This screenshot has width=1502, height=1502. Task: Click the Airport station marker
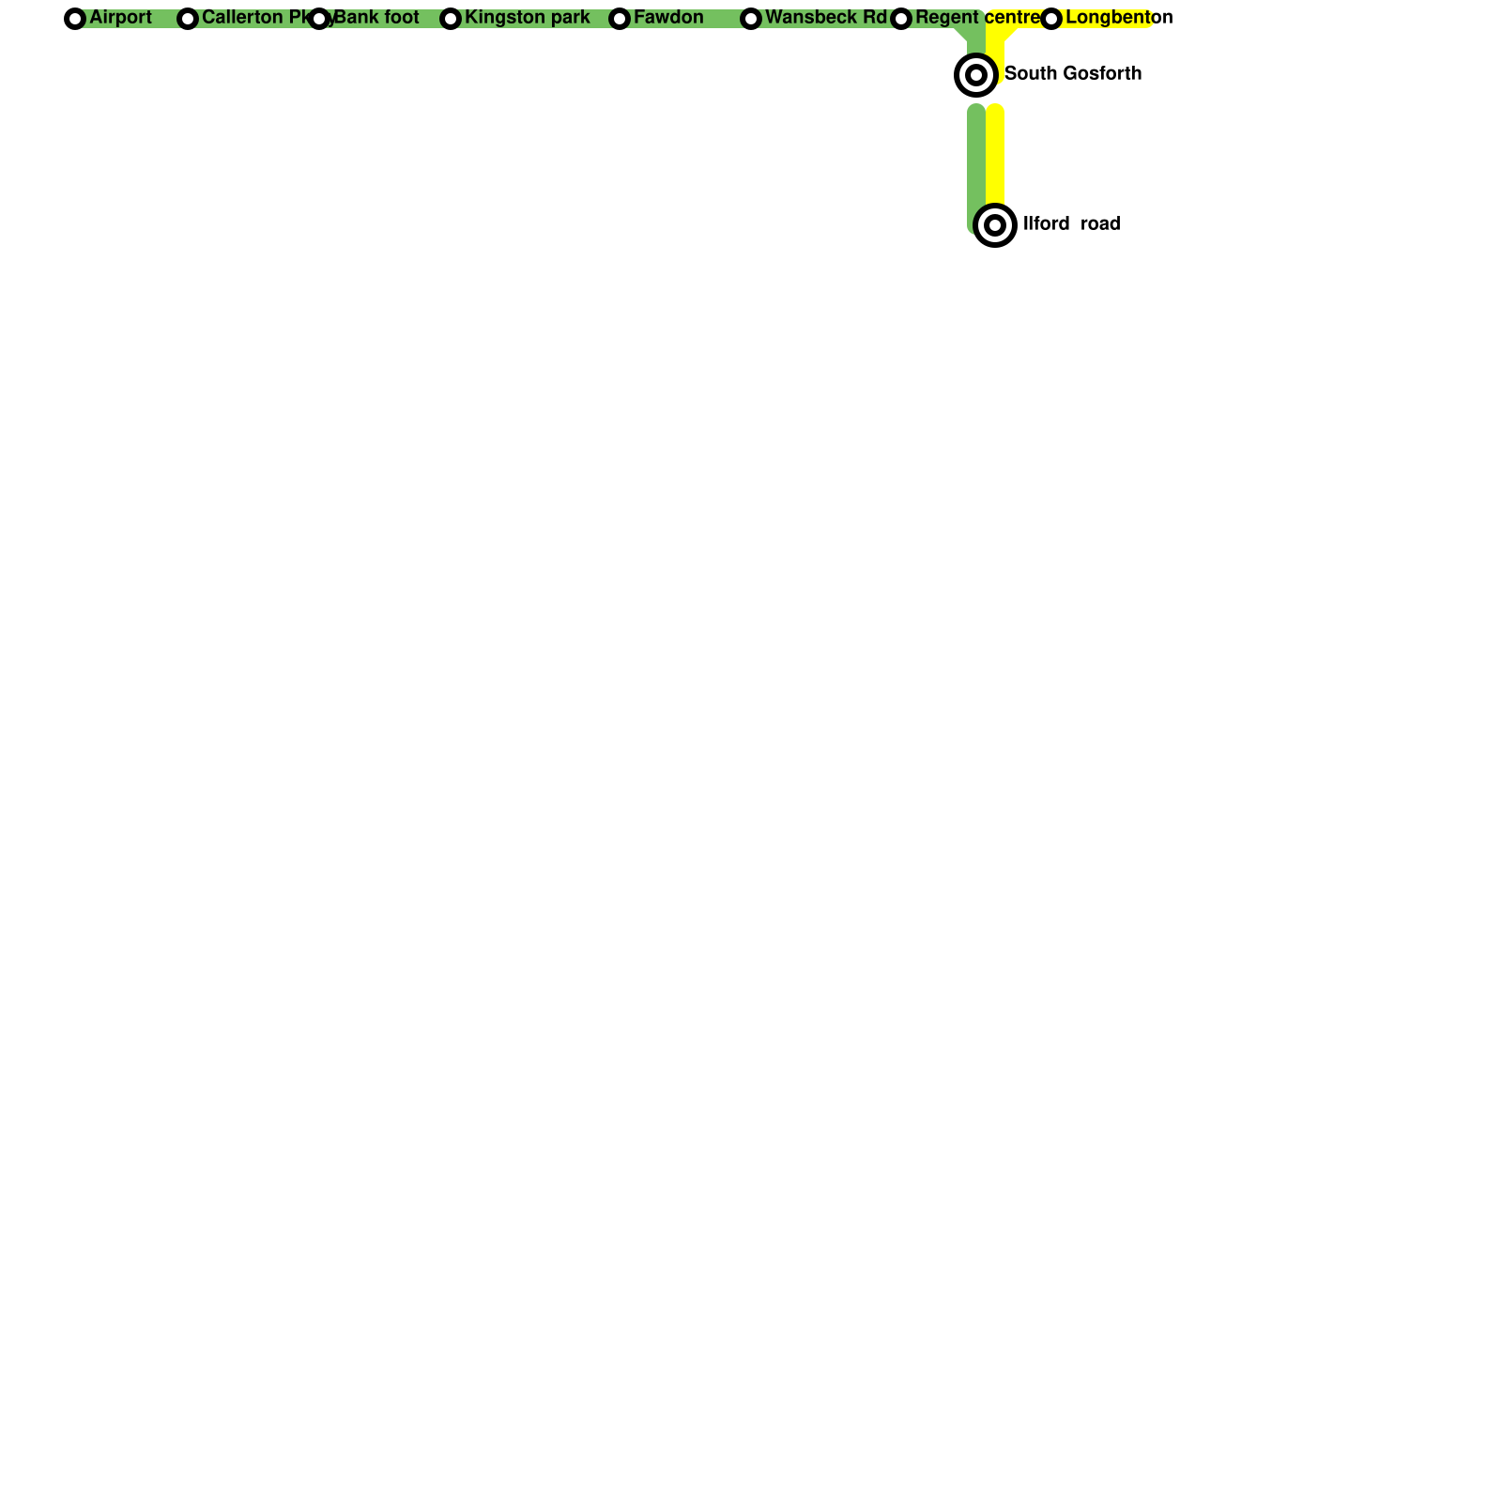coord(75,19)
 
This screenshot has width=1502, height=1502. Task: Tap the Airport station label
coord(120,18)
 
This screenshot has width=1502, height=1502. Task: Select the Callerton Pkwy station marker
coord(188,19)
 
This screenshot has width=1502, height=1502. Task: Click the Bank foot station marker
coord(319,19)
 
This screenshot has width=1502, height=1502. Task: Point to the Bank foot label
coord(376,18)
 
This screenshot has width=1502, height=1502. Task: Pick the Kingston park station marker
coord(451,19)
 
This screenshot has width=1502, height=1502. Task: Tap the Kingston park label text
coord(527,18)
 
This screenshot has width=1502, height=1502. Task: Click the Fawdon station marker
coord(620,19)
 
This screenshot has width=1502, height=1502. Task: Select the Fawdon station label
coord(668,18)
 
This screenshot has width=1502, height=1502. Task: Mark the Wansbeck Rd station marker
coord(751,19)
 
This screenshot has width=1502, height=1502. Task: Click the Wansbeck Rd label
coord(825,18)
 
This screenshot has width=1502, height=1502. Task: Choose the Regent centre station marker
coord(901,19)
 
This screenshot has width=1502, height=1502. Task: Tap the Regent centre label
coord(978,18)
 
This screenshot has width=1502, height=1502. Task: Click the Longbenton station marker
coord(1051,19)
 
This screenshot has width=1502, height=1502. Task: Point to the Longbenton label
coord(1119,18)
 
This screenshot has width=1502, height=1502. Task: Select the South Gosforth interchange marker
coord(976,75)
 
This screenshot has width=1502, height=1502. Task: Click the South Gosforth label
coord(1073,74)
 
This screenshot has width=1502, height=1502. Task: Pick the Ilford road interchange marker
coord(995,225)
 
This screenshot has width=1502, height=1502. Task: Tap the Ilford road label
coord(1071,224)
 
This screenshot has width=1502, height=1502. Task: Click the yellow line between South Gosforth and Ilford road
coord(995,155)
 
